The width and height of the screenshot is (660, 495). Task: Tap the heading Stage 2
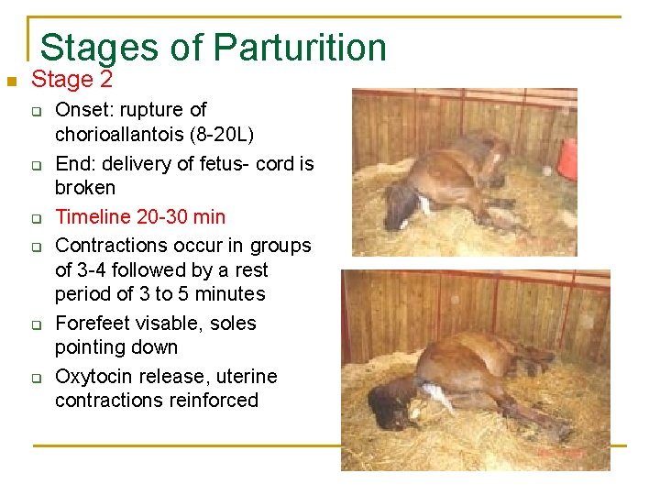pos(72,80)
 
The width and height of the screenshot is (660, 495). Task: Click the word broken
pos(85,188)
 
